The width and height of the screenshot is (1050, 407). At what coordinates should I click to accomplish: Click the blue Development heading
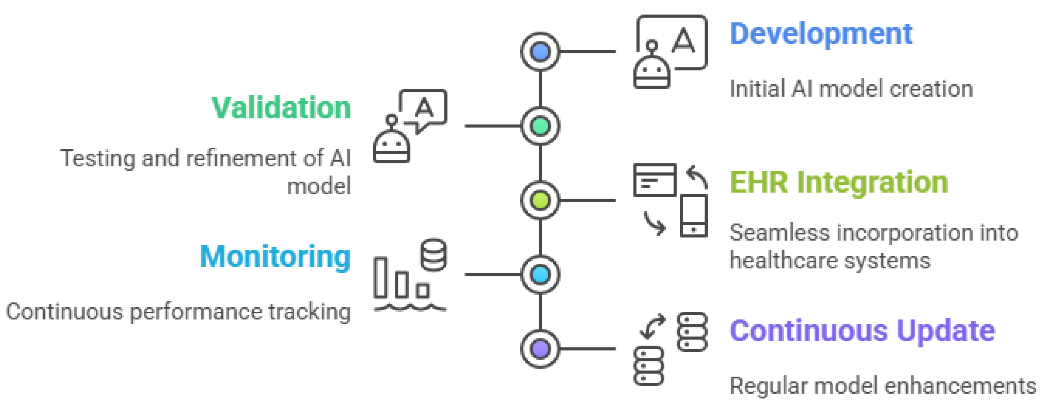(821, 34)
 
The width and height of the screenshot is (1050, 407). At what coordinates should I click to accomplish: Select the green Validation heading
(281, 108)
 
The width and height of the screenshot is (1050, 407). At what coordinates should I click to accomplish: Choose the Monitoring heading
(275, 257)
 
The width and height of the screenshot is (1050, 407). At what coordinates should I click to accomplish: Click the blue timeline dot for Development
(540, 52)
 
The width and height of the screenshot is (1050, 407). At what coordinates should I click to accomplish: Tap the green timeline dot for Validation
(540, 126)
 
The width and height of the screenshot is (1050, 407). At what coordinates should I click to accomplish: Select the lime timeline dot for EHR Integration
(540, 200)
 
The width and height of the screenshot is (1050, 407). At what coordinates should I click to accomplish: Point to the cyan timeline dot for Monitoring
(540, 275)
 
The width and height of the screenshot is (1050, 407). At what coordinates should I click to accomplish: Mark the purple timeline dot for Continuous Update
(540, 349)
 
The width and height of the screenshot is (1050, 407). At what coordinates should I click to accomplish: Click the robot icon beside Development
(652, 69)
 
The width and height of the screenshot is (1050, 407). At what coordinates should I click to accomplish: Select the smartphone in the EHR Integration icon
(693, 216)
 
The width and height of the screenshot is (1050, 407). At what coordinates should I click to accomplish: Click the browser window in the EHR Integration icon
(655, 180)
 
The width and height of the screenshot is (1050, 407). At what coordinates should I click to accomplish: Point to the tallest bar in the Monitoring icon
(381, 277)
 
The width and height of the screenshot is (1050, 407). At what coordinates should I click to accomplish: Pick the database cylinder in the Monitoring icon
(434, 255)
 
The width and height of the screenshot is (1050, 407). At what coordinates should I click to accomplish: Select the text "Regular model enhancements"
(882, 386)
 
